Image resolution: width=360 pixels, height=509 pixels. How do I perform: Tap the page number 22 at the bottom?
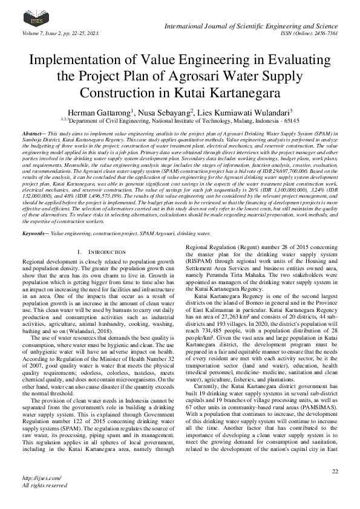point(335,471)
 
